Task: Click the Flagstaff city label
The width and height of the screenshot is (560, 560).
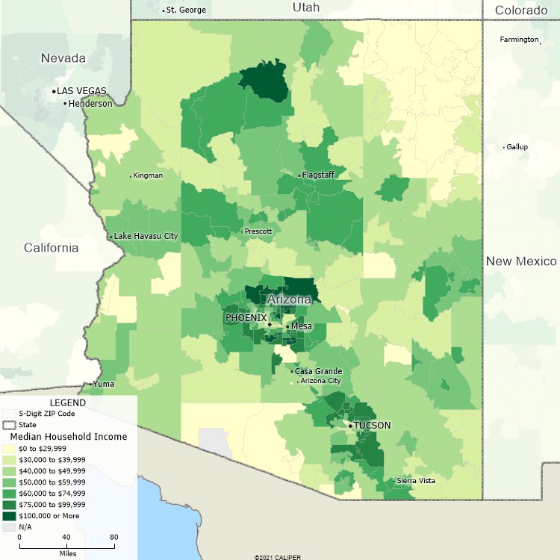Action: pyautogui.click(x=319, y=175)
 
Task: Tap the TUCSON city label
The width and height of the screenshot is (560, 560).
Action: pyautogui.click(x=372, y=426)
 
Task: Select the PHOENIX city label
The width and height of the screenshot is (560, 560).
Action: pyautogui.click(x=246, y=317)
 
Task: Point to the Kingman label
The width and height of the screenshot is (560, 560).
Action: pyautogui.click(x=148, y=175)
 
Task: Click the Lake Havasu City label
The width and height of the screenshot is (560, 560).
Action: pyautogui.click(x=146, y=237)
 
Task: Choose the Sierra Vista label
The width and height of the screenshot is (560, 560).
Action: pyautogui.click(x=416, y=480)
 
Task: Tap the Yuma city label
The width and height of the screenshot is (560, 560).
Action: pyautogui.click(x=104, y=384)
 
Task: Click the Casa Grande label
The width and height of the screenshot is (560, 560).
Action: pyautogui.click(x=318, y=371)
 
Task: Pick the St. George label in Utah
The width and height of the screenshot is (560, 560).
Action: pyautogui.click(x=186, y=10)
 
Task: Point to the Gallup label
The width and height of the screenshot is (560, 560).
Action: pyautogui.click(x=517, y=147)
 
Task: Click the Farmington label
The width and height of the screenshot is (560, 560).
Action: pyautogui.click(x=520, y=39)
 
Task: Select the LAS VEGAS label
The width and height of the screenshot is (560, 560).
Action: pyautogui.click(x=82, y=91)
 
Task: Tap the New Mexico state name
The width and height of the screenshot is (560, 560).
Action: pyautogui.click(x=521, y=261)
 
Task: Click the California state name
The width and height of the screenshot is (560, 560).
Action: pyautogui.click(x=51, y=248)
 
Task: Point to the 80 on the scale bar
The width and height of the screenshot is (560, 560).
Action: pyautogui.click(x=113, y=537)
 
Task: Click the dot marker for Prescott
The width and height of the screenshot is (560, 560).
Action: pyautogui.click(x=241, y=231)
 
